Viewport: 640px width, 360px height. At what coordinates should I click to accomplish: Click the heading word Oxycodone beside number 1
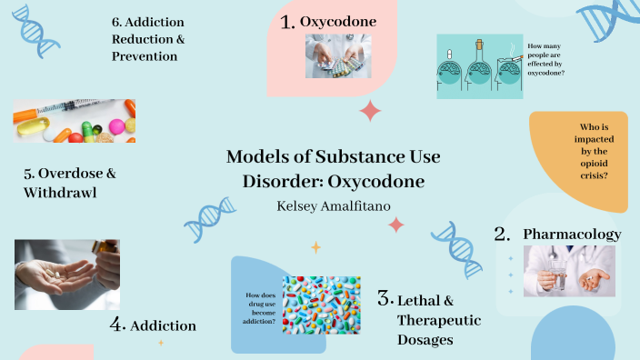pyautogui.click(x=338, y=21)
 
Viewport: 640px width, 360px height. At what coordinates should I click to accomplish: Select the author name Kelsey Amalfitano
pyautogui.click(x=334, y=205)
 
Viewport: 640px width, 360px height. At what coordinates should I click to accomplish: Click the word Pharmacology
pyautogui.click(x=572, y=235)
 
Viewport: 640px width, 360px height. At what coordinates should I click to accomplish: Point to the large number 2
pyautogui.click(x=501, y=234)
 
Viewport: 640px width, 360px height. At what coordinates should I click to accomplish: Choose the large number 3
pyautogui.click(x=385, y=299)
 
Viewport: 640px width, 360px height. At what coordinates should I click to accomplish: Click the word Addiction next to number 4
pyautogui.click(x=164, y=325)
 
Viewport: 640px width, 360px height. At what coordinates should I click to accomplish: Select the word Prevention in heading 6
pyautogui.click(x=145, y=56)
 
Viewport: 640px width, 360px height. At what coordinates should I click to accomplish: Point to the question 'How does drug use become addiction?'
pyautogui.click(x=261, y=308)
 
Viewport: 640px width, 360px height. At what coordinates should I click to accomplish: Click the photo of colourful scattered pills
pyautogui.click(x=321, y=305)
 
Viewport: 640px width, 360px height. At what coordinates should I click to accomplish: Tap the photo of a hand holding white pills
pyautogui.click(x=67, y=275)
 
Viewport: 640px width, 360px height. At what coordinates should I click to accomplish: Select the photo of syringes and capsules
pyautogui.click(x=75, y=122)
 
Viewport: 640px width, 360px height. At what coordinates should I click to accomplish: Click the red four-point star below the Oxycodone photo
pyautogui.click(x=370, y=111)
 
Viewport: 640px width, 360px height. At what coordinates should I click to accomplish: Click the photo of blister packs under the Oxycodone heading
pyautogui.click(x=338, y=56)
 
